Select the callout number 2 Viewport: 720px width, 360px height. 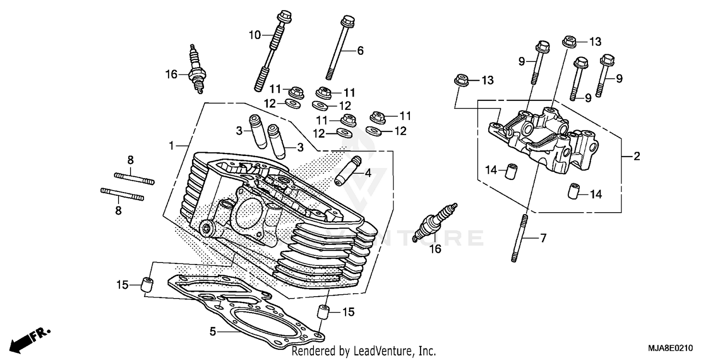pyautogui.click(x=636, y=156)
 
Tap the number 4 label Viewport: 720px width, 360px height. pyautogui.click(x=368, y=173)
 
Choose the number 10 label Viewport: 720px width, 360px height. pyautogui.click(x=254, y=35)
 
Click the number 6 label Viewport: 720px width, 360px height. pyautogui.click(x=360, y=50)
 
